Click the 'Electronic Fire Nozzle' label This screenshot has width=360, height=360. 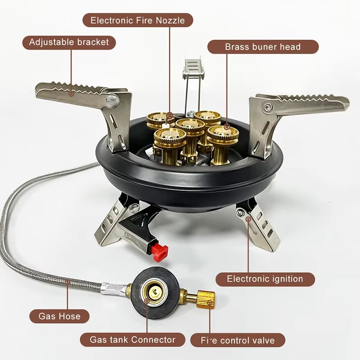tap(138, 20)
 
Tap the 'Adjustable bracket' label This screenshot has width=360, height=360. tap(69, 42)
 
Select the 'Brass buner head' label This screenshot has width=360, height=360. tap(263, 47)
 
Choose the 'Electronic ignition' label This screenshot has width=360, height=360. tap(265, 279)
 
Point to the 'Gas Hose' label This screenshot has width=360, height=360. tap(60, 316)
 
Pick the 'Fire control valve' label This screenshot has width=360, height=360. tap(238, 340)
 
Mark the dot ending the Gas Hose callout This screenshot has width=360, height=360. tap(68, 282)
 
